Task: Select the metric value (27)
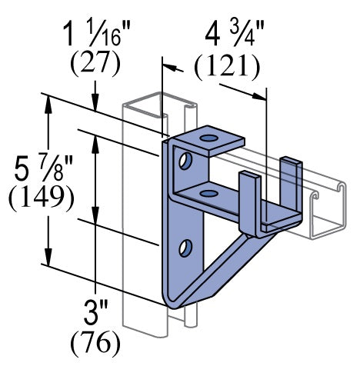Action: point(95,64)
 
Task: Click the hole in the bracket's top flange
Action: point(207,138)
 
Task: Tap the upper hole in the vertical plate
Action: point(185,161)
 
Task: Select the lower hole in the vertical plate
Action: point(185,247)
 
